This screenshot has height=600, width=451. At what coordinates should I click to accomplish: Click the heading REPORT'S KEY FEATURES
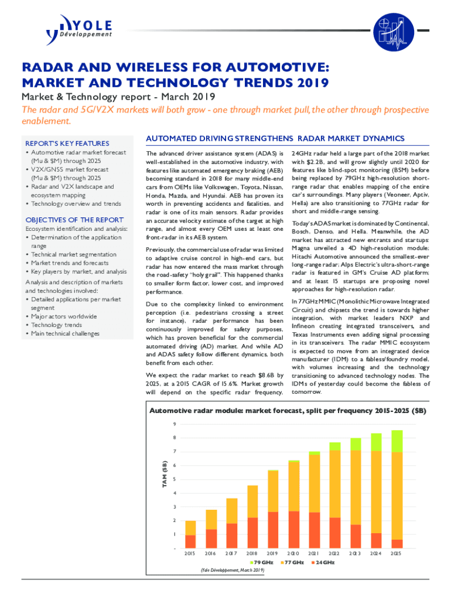(x=66, y=144)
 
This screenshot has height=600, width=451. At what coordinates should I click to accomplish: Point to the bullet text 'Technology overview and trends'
(x=76, y=204)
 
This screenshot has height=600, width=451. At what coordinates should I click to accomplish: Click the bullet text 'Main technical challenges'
(x=65, y=333)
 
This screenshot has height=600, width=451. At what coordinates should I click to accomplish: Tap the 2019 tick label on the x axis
(x=272, y=553)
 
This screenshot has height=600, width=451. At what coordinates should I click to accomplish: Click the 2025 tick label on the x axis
(x=397, y=553)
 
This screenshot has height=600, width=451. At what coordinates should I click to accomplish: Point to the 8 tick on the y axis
(x=175, y=438)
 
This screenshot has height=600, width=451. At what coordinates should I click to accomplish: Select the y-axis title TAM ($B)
(x=165, y=475)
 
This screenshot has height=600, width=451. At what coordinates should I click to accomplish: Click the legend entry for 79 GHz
(x=262, y=562)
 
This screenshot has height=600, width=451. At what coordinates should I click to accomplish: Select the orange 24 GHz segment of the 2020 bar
(x=293, y=530)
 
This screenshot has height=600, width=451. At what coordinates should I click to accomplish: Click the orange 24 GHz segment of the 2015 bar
(x=190, y=541)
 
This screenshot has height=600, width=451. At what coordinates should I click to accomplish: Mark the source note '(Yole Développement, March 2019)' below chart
(x=232, y=569)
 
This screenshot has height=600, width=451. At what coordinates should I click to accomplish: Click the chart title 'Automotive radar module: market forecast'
(x=288, y=411)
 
